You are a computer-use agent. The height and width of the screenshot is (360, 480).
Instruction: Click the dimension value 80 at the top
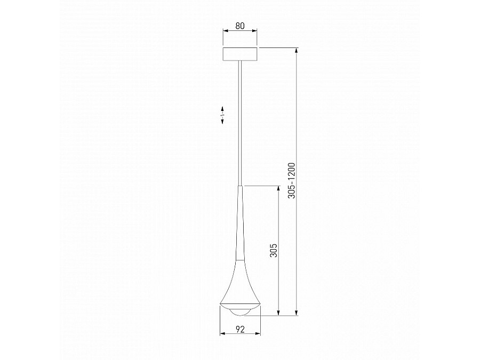240,24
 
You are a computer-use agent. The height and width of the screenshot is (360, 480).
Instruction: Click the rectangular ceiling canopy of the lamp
240,54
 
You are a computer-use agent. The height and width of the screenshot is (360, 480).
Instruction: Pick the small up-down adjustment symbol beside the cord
222,115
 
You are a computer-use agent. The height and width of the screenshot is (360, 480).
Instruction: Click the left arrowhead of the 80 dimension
225,31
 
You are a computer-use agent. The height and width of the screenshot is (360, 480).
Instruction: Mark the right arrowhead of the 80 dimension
256,31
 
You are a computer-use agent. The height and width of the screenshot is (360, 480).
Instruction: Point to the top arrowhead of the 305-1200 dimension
297,50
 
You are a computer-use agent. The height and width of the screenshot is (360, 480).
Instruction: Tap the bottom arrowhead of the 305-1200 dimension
297,314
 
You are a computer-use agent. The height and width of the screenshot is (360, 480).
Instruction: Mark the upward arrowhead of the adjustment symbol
222,108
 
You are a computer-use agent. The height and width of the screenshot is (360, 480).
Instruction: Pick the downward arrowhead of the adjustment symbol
222,123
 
